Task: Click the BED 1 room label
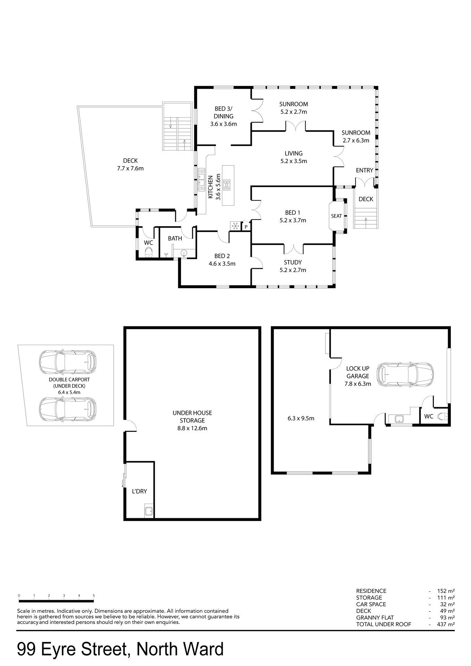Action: pos(292,213)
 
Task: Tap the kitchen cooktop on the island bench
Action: pos(227,185)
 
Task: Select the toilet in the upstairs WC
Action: pos(149,252)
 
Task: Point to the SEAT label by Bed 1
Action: pos(336,216)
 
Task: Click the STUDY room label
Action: pos(293,263)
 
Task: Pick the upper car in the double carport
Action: pos(68,362)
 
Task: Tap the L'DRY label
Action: pos(139,491)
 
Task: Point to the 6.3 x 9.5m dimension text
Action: pos(301,418)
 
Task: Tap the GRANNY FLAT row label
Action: pos(375,617)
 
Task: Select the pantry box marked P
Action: pos(246,227)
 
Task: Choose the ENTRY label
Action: pos(365,170)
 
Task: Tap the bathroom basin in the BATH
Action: pos(184,253)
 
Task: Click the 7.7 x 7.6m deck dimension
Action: pos(130,169)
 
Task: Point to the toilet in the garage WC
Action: pos(443,416)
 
